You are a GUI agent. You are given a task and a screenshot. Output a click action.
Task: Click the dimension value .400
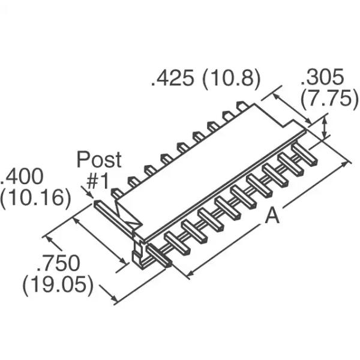(22, 177)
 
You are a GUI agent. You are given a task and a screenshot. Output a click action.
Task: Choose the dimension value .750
(58, 263)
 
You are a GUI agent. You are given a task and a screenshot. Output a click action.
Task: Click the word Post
(99, 160)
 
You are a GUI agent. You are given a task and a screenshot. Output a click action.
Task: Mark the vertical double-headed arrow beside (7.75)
(326, 128)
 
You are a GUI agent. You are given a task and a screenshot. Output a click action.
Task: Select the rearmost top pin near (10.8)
(242, 106)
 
